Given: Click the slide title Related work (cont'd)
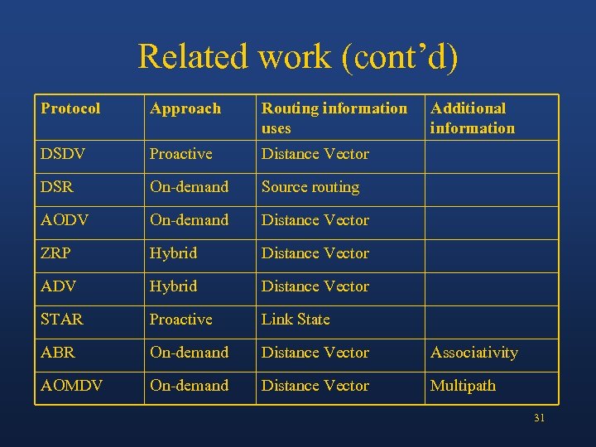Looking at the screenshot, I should [x=297, y=56].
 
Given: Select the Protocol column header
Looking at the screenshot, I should [x=70, y=108].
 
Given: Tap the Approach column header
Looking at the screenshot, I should [x=185, y=108].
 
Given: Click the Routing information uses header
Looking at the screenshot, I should [x=334, y=118].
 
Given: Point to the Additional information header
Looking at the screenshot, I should [x=472, y=118].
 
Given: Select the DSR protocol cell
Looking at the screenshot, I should [x=57, y=187].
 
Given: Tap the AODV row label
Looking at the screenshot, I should [x=64, y=220].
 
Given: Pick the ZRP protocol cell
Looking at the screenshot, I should [x=55, y=253].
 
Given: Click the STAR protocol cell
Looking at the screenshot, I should [x=61, y=320].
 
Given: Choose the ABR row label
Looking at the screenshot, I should [x=57, y=353].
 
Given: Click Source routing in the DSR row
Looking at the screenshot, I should [x=310, y=187].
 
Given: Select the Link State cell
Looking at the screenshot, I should [x=296, y=320].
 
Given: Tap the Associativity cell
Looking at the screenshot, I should [x=473, y=353].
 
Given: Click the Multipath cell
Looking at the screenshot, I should [x=463, y=386].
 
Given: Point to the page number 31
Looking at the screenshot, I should [x=539, y=418].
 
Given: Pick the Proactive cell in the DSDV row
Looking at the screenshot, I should [x=180, y=154].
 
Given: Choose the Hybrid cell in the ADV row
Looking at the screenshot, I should [x=173, y=286].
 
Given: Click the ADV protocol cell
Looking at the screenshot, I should [x=57, y=286].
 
